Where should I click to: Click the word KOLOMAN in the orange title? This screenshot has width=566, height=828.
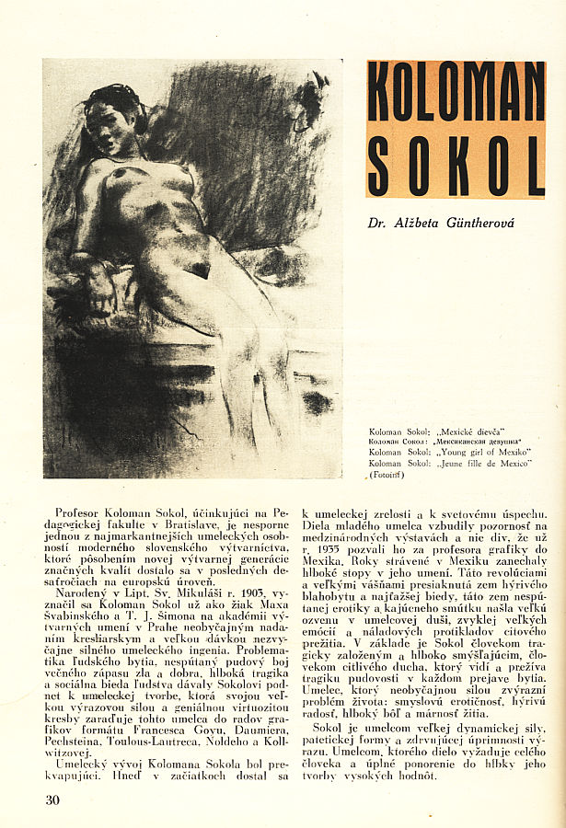(x=456, y=92)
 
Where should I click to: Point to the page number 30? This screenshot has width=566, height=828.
(x=52, y=799)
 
